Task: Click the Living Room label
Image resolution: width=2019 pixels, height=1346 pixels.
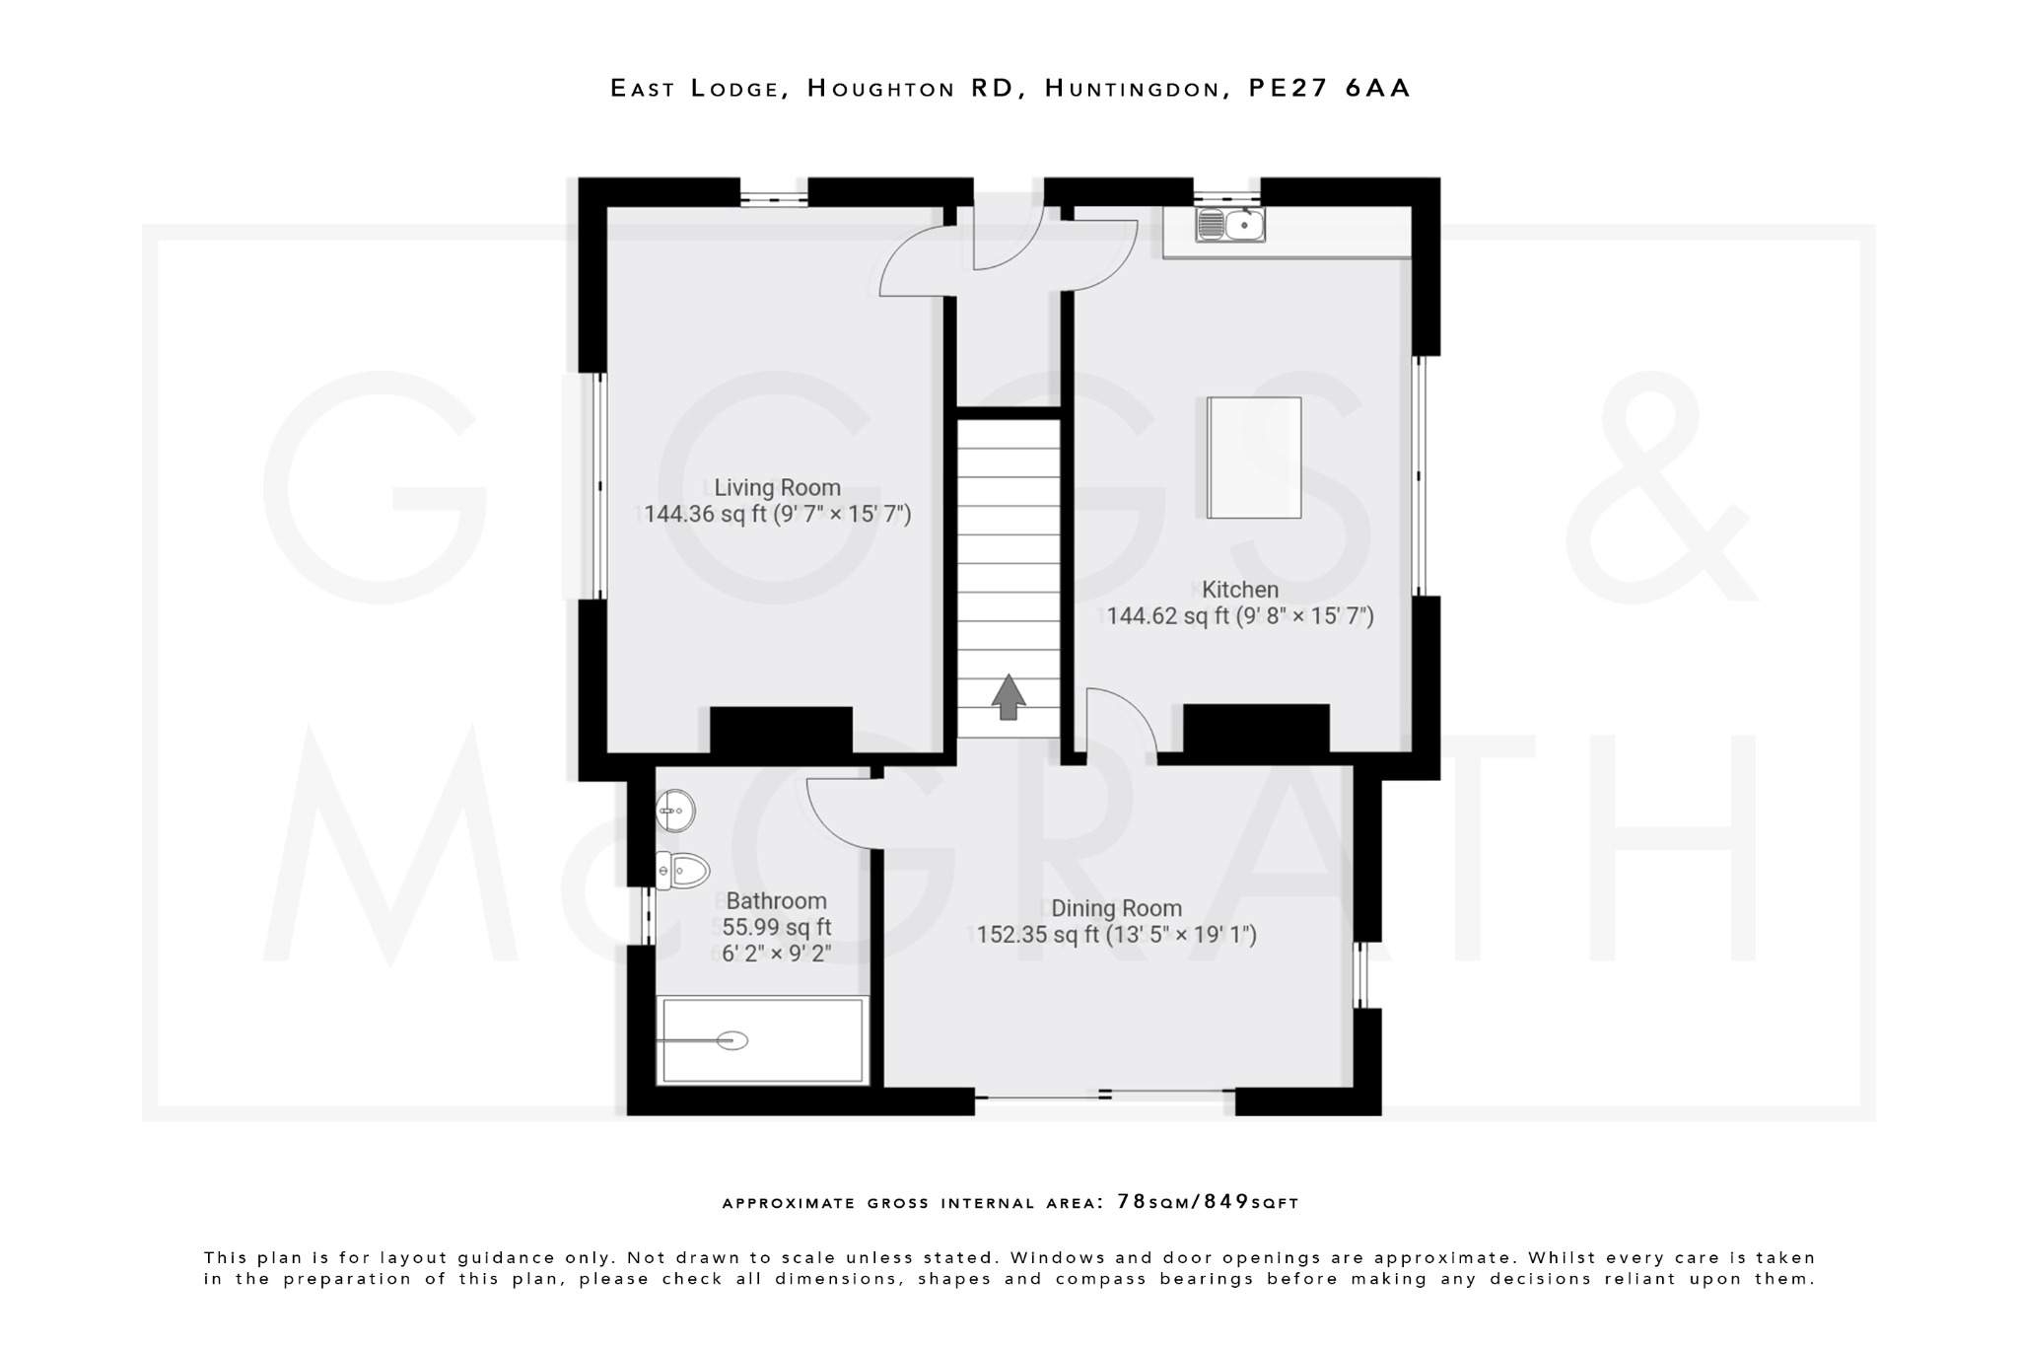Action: pos(777,487)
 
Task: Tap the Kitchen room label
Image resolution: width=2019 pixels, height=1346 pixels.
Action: pos(1240,590)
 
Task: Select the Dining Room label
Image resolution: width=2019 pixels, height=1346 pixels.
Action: pos(1116,908)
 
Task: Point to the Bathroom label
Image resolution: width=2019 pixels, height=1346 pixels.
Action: pos(776,900)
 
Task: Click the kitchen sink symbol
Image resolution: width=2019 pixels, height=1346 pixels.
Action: pos(1230,225)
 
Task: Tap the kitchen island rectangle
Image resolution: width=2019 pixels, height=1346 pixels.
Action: pos(1254,458)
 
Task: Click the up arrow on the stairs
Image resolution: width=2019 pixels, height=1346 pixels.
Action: pos(1008,697)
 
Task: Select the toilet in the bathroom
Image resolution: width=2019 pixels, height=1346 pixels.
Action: pos(683,871)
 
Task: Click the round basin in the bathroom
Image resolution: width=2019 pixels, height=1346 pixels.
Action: pos(675,811)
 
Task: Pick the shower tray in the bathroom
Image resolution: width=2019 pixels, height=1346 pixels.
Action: pos(762,1040)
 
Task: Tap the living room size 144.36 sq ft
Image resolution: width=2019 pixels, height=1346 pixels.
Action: pos(704,514)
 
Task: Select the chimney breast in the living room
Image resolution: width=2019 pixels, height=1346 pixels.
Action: pos(781,730)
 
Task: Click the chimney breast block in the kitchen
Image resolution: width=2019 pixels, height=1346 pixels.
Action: pos(1256,728)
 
